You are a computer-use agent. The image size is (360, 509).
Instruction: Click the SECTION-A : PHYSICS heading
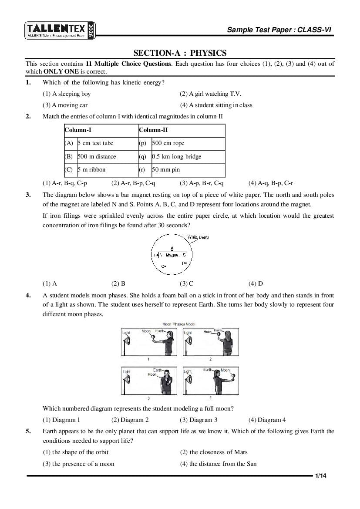(x=180, y=53)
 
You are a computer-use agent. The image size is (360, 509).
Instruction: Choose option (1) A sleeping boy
(x=67, y=94)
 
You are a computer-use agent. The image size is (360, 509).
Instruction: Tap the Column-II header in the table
(x=153, y=130)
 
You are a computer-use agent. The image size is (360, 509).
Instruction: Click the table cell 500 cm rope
(x=168, y=143)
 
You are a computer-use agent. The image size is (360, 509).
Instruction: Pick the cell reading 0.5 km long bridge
(x=176, y=156)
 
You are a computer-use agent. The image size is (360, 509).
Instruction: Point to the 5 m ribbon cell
(x=91, y=169)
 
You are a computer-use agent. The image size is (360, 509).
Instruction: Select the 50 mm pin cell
(x=165, y=169)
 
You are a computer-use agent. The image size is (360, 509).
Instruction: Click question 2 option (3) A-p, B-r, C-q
(x=202, y=183)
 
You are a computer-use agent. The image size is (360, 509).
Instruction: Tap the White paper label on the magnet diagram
(x=198, y=237)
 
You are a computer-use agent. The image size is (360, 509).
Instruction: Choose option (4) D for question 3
(x=256, y=283)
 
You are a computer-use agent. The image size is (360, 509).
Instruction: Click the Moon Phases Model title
(x=178, y=324)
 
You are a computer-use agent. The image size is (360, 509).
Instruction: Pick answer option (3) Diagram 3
(x=199, y=420)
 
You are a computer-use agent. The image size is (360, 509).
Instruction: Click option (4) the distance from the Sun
(x=218, y=464)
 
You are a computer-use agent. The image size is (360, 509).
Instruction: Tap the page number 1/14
(x=321, y=476)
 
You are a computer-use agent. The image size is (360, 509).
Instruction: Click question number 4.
(x=28, y=295)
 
